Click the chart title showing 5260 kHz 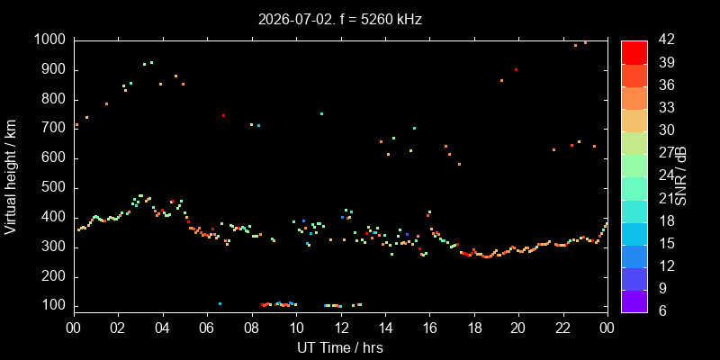[340, 19]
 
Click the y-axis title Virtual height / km [11, 177]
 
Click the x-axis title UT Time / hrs [340, 347]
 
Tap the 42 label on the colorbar [665, 40]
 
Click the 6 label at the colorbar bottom [661, 310]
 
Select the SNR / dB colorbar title [680, 176]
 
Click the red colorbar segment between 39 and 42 [634, 52]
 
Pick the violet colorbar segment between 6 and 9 [634, 301]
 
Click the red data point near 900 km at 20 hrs [516, 70]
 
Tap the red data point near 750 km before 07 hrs [223, 116]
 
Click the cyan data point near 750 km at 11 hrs [321, 114]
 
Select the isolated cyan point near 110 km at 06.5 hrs [220, 303]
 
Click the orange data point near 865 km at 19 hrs [501, 80]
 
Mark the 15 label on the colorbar [665, 243]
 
